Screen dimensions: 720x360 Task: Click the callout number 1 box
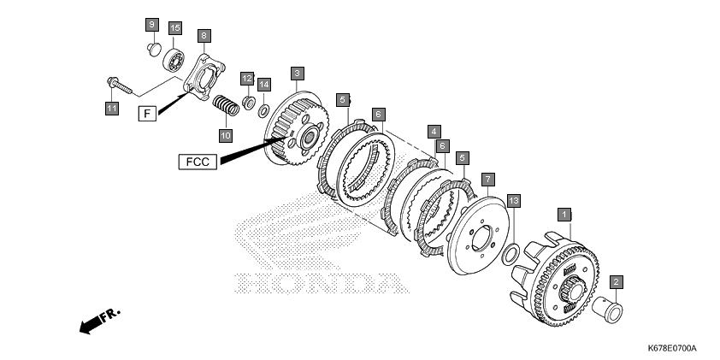tap(564, 215)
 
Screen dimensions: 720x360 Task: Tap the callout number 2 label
tap(617, 282)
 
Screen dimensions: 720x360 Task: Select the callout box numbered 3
tap(297, 73)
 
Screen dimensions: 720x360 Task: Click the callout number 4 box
tap(434, 132)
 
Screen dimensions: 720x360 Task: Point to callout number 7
tap(487, 180)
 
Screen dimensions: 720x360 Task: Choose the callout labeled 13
tap(514, 201)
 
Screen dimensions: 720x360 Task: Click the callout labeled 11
tap(111, 108)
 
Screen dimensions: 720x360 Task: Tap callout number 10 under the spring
tap(226, 135)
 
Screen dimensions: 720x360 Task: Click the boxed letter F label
tap(147, 113)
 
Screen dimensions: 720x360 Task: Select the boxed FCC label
tap(198, 162)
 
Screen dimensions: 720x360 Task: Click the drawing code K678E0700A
tap(672, 348)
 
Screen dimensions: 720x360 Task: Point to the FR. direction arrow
tap(100, 320)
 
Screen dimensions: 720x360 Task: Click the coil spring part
tap(226, 105)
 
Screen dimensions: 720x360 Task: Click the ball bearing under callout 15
tap(174, 61)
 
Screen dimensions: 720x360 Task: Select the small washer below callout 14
tap(263, 110)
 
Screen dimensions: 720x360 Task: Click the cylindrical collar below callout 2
tap(607, 309)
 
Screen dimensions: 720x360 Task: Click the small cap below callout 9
tap(154, 49)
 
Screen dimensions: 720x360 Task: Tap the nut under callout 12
tap(249, 103)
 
